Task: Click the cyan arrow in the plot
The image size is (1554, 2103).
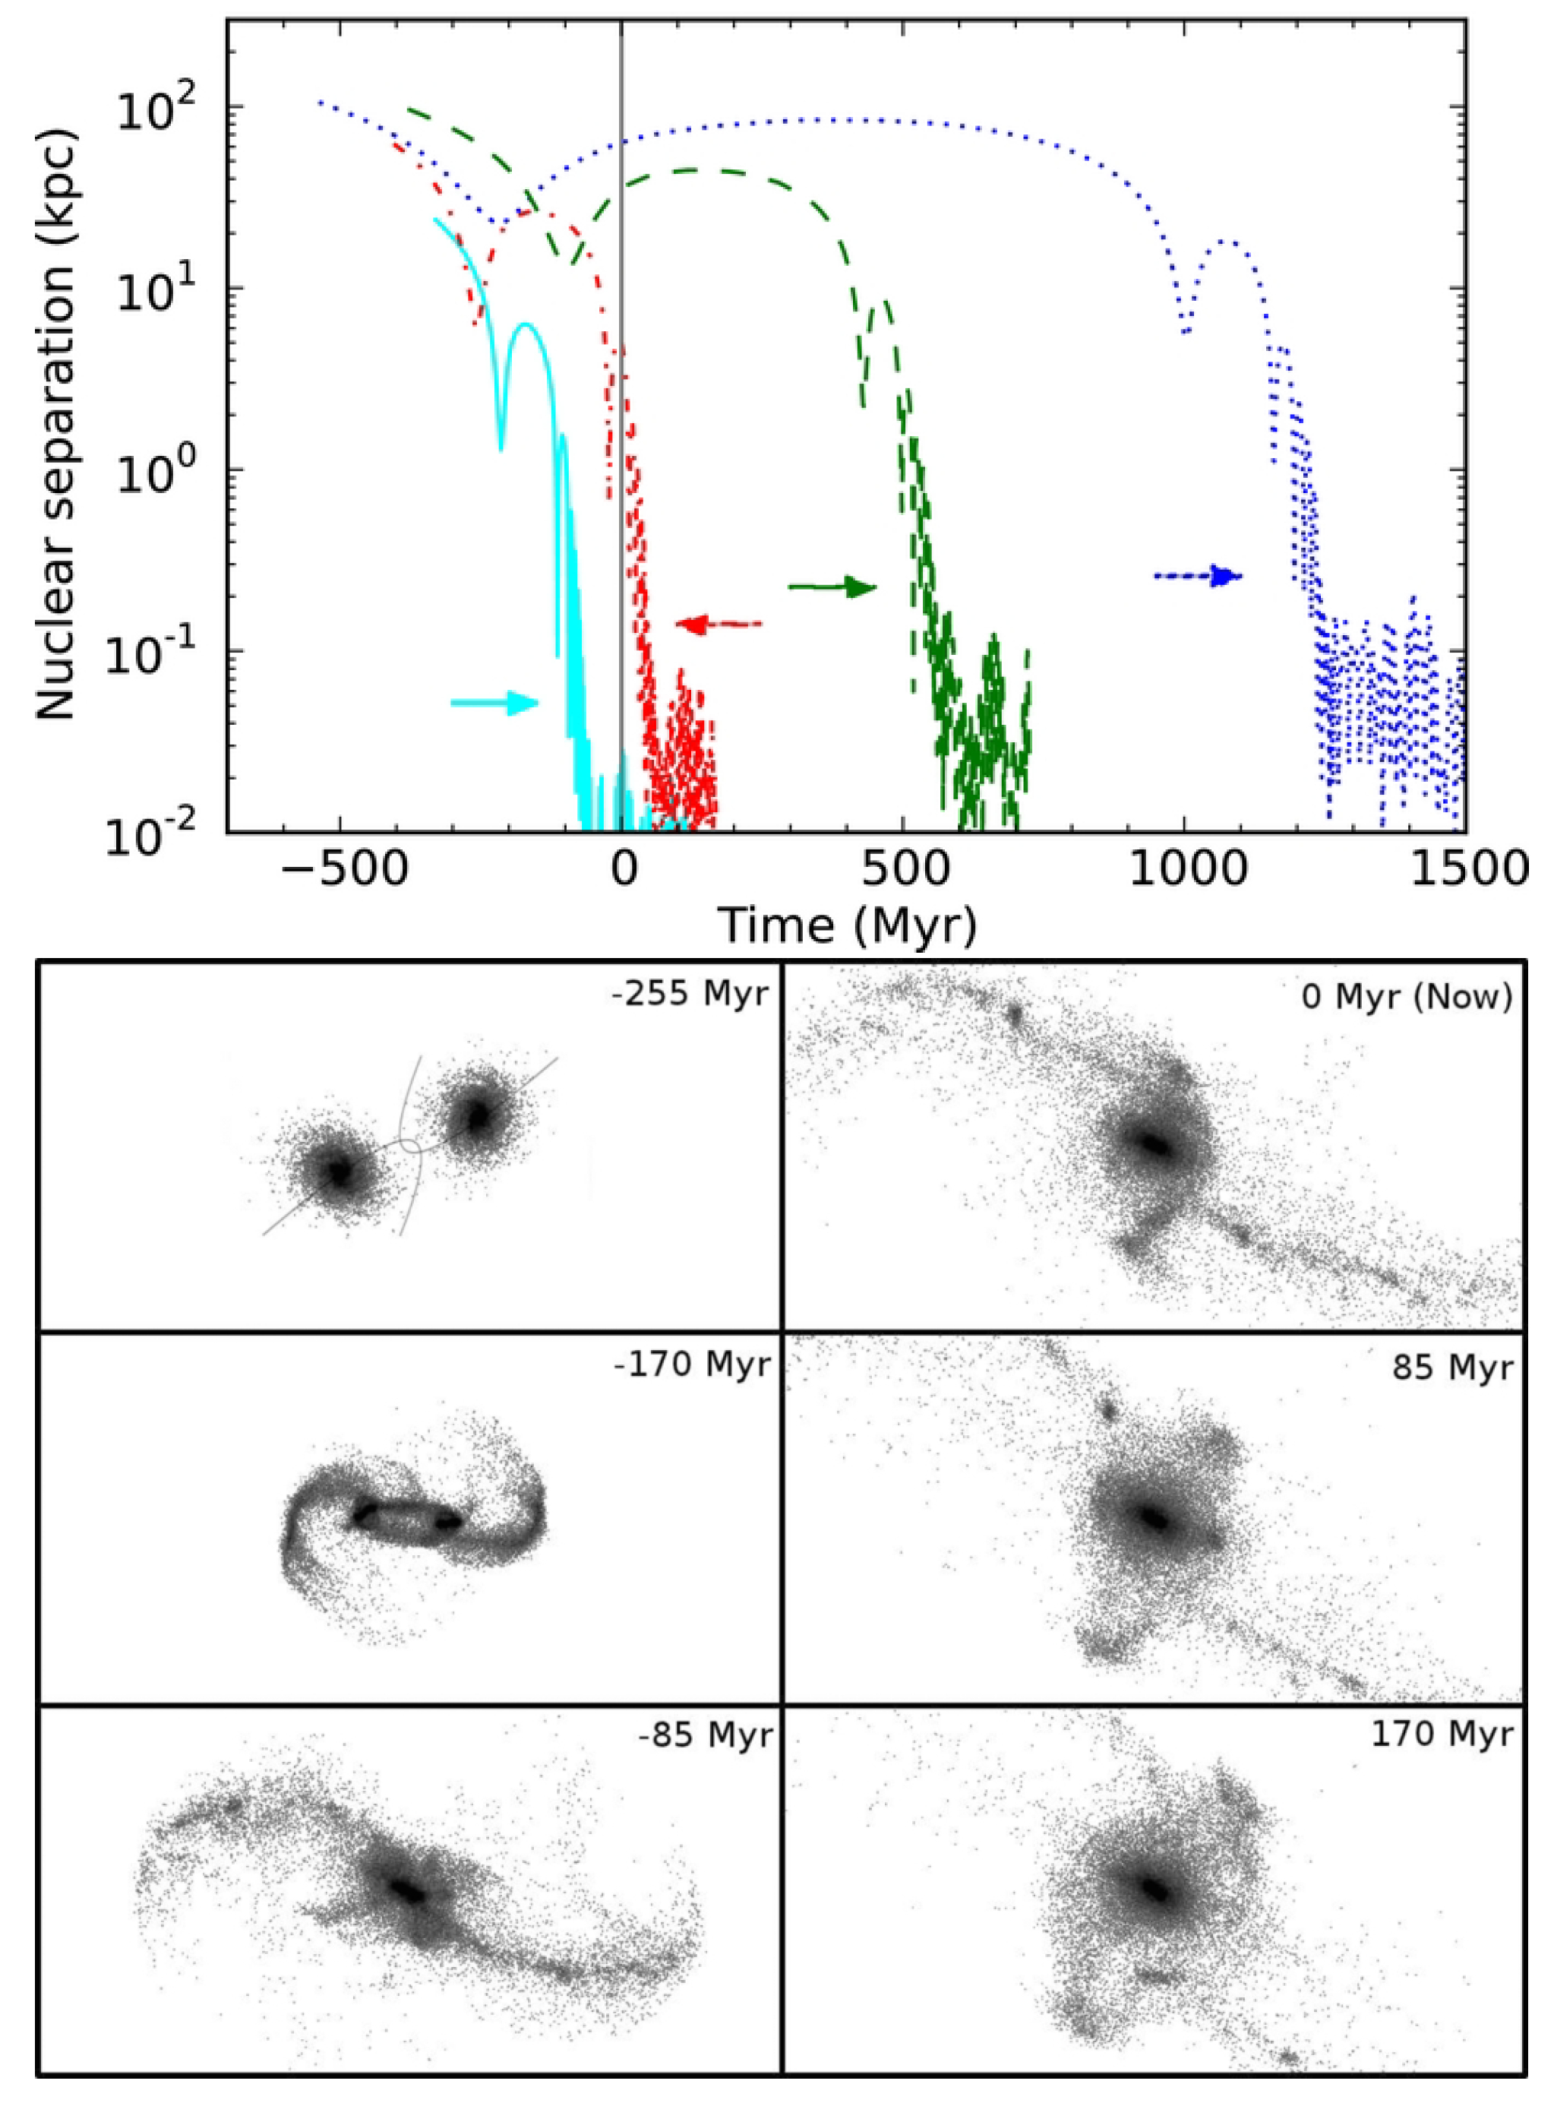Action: [x=494, y=702]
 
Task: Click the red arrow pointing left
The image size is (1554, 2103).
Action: [x=718, y=624]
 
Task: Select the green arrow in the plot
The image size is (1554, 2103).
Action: [x=832, y=587]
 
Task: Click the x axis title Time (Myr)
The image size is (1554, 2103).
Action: [x=847, y=925]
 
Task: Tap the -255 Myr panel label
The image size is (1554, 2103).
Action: [x=690, y=994]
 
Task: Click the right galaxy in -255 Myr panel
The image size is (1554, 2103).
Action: [x=479, y=1117]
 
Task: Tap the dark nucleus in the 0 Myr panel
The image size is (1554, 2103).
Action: [x=1152, y=1144]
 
